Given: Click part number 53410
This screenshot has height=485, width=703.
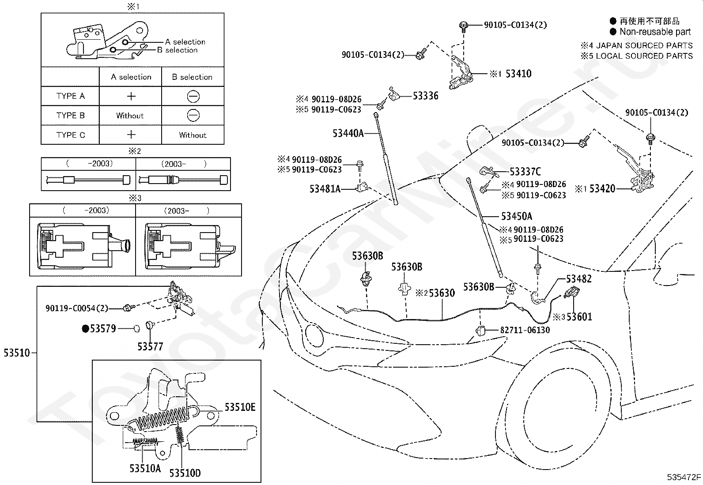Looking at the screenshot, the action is pos(518,74).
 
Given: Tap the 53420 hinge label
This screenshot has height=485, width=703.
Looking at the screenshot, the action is pos(602,188).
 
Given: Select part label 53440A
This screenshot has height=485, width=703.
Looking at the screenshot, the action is pos(348,133).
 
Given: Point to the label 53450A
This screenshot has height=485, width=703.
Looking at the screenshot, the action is pos(517,216).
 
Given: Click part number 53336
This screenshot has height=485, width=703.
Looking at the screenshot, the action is pos(426,96).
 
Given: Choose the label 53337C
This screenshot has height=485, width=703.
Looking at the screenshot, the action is pos(525,172).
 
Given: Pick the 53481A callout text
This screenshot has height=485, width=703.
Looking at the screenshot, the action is pos(325,189).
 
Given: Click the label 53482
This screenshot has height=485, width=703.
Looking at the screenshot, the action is pos(579,278).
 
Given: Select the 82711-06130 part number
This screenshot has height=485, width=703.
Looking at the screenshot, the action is pos(525,330).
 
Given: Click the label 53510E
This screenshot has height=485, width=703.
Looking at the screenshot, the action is pos(240,407).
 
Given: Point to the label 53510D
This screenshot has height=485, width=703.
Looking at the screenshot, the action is pos(185,473).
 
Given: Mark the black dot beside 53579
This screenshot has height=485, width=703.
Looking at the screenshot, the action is pos(85,329).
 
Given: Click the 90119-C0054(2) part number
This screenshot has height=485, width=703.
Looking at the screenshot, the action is pos(76,308).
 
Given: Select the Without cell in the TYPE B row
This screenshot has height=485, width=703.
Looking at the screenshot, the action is pos(130,116).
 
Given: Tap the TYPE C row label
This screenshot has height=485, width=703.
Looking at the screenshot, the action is pos(71,135).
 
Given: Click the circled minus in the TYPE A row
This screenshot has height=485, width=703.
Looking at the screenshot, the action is pos(193,96).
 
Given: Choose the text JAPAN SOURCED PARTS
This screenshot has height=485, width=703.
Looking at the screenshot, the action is pos(644,45).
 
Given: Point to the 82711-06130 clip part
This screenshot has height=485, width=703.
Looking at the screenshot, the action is pos(480,331).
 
